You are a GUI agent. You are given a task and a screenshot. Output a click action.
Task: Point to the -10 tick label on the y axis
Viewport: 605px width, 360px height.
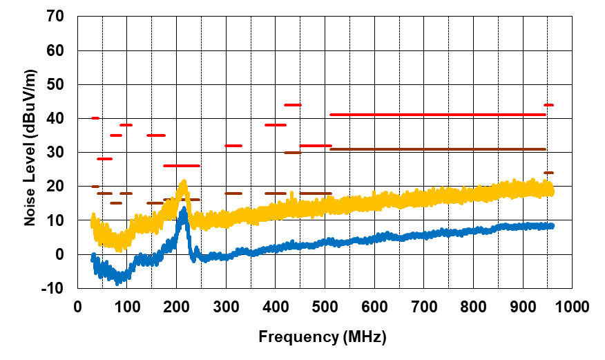pos(54,288)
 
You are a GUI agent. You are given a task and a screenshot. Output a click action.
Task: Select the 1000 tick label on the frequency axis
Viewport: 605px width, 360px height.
pos(570,306)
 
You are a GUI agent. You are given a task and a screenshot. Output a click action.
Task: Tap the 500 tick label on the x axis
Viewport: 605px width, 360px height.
pos(325,306)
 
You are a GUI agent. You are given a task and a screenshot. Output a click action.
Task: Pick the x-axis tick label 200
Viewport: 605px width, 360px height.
pos(177,306)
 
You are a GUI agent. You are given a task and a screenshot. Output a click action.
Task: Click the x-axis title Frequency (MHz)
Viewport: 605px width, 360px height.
pos(323,337)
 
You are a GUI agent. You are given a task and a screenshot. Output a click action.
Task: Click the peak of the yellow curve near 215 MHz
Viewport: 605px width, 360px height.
pos(184,182)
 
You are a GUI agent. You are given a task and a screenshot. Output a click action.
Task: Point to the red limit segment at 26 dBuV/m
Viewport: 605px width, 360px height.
pos(181,166)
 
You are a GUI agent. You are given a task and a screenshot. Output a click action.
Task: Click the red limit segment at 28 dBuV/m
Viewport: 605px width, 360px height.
pos(104,159)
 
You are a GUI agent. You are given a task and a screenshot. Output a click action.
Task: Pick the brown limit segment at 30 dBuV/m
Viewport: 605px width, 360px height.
pos(292,152)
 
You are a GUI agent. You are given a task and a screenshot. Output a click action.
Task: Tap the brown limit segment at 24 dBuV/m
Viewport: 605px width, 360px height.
pos(548,173)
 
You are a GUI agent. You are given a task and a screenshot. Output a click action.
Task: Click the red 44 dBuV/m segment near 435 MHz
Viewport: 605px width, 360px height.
pos(292,105)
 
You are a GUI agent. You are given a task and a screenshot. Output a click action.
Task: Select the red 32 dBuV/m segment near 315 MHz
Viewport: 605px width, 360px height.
pos(233,146)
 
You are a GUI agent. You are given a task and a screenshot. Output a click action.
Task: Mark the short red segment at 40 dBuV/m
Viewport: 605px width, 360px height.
pos(95,118)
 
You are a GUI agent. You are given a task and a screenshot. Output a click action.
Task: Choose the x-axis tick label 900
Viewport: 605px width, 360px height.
pos(522,306)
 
